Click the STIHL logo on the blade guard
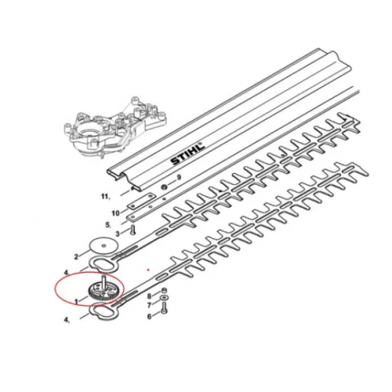[187, 154]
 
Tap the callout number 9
[179, 177]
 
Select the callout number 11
[106, 197]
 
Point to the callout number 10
[115, 213]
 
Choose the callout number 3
[118, 234]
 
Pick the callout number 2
[76, 257]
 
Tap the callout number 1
[76, 301]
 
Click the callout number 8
[149, 296]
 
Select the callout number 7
[149, 305]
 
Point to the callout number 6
[149, 317]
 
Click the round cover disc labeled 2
[103, 245]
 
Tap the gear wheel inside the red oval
[103, 293]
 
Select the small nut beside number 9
[165, 187]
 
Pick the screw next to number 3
[132, 230]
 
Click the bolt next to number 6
[164, 308]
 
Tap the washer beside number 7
[164, 297]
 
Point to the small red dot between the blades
[148, 270]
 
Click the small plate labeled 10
[141, 201]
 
